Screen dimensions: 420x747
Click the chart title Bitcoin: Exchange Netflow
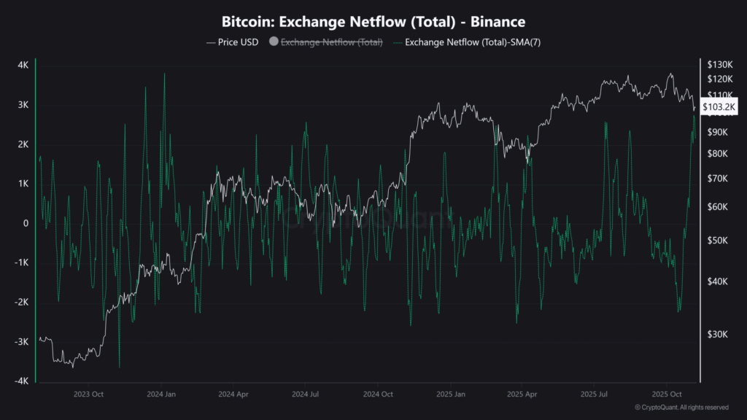tap(373, 23)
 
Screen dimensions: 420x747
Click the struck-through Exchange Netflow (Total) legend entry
tap(332, 42)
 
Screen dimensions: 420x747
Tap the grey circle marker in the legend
tap(274, 42)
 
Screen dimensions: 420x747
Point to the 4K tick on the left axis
tap(23, 66)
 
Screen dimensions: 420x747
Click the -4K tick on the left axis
tap(21, 381)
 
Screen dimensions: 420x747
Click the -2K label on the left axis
tap(21, 303)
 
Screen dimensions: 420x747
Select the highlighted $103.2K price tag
tap(719, 108)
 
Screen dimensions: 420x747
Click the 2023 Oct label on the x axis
tap(88, 394)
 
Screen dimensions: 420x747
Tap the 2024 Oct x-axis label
tap(379, 394)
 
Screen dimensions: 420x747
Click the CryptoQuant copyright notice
tap(681, 408)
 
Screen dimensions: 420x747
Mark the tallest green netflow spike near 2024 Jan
tap(164, 74)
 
